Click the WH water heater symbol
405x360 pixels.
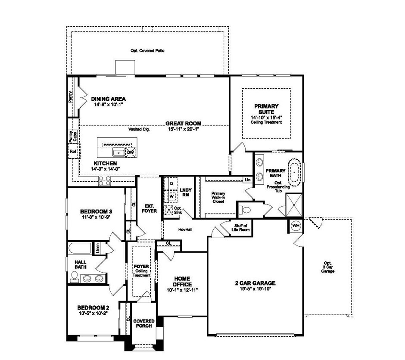coord(296,226)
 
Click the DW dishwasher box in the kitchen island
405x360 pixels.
coord(130,152)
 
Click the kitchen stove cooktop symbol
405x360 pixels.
coord(105,183)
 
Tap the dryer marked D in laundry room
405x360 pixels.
coord(171,183)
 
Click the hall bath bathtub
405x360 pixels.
coord(80,249)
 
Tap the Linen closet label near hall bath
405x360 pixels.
coord(98,248)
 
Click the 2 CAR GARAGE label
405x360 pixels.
coord(255,283)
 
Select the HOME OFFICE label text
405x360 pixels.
coord(182,281)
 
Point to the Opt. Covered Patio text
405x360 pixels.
coord(148,50)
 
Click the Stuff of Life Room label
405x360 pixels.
coord(241,227)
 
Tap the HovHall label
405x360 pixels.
coord(185,230)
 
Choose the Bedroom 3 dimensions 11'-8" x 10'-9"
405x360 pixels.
coord(96,218)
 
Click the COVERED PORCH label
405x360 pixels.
coord(144,323)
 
